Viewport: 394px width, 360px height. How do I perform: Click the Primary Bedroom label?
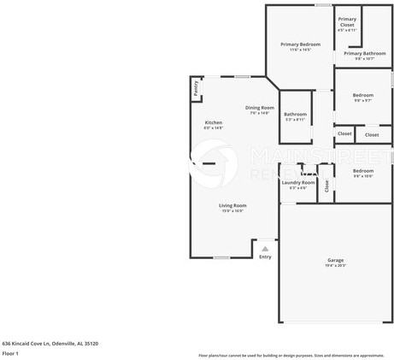(300, 44)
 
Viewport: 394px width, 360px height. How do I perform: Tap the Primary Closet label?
(347, 21)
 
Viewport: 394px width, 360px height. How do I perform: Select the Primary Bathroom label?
(365, 53)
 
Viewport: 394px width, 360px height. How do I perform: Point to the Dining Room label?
(259, 107)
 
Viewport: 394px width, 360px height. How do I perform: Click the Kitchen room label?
(213, 122)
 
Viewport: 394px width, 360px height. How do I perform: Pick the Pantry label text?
(196, 86)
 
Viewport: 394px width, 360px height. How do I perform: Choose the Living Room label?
(232, 205)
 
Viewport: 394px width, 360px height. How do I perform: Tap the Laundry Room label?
(297, 182)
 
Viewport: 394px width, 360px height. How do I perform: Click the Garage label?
(336, 260)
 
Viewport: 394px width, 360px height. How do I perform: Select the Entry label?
(265, 257)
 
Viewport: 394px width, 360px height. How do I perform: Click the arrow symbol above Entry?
(265, 249)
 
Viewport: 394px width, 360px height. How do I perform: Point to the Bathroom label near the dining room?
(296, 114)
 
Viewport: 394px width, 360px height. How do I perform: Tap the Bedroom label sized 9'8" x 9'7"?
(363, 95)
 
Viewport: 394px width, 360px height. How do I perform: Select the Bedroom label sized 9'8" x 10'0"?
(363, 170)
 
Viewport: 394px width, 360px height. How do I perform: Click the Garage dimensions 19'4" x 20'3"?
(336, 266)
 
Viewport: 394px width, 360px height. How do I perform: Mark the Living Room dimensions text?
(232, 210)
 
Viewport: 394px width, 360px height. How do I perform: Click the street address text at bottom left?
(50, 343)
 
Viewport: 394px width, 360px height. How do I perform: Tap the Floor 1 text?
(10, 352)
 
